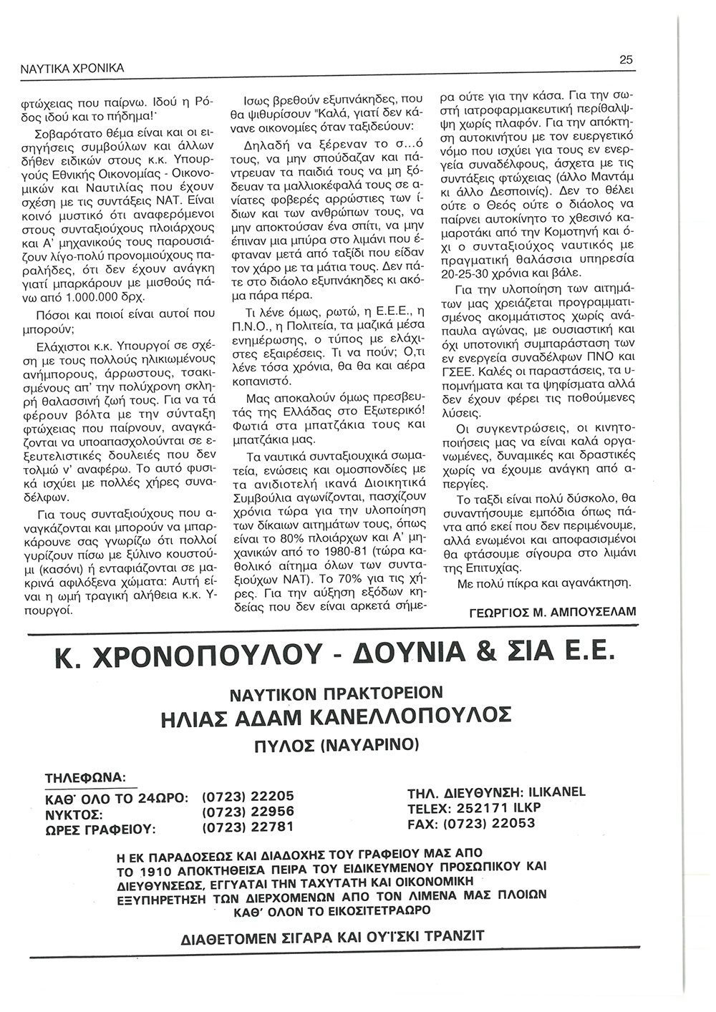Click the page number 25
click(x=625, y=61)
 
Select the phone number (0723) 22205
click(x=248, y=796)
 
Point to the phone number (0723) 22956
click(x=248, y=812)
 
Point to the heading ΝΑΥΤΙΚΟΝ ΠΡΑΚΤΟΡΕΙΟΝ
click(x=337, y=692)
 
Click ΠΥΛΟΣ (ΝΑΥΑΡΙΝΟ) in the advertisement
click(x=337, y=744)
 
